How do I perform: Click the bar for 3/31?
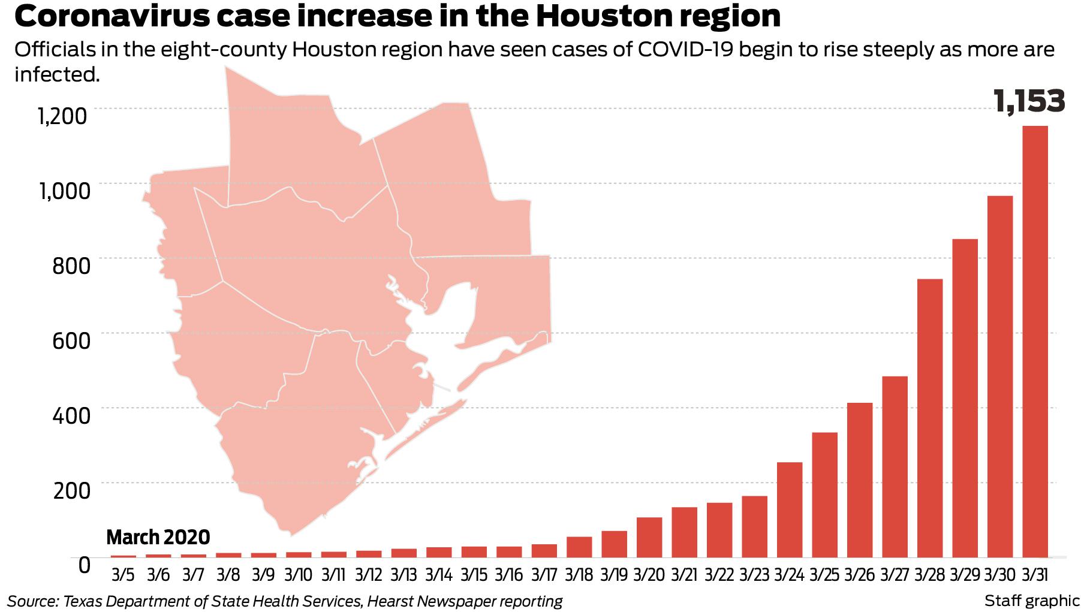(1035, 341)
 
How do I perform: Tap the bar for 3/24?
(790, 510)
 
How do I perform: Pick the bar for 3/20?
(649, 537)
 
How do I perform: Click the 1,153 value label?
(1029, 101)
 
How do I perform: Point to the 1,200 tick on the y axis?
(62, 116)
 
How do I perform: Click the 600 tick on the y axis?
(71, 340)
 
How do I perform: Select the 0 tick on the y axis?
(84, 564)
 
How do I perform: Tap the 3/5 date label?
(123, 575)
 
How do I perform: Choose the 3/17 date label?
(544, 575)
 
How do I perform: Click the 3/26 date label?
(859, 575)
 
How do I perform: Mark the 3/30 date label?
(999, 575)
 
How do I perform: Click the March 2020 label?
(158, 536)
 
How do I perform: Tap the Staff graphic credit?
(1031, 601)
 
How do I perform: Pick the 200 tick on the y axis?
(71, 490)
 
